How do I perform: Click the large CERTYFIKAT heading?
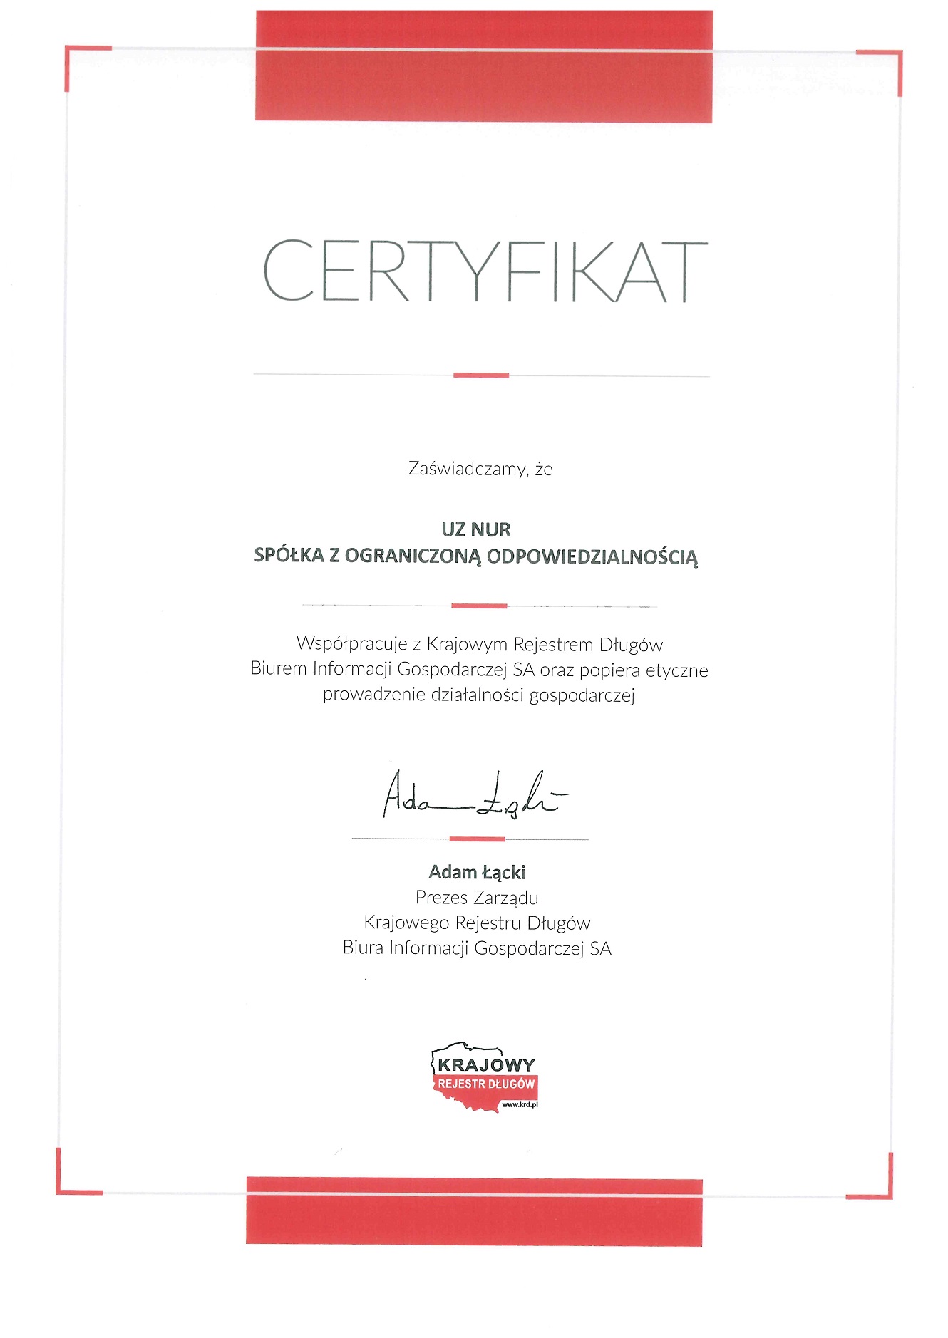point(485,271)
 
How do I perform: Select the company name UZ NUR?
point(476,529)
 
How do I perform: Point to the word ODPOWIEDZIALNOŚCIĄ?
point(592,556)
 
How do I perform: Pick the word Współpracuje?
point(351,644)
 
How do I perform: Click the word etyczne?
point(676,670)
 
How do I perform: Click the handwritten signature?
point(474,795)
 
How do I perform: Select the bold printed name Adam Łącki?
point(477,872)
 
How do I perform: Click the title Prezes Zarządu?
point(477,898)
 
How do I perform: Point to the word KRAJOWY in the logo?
point(486,1065)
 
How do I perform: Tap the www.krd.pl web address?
point(520,1104)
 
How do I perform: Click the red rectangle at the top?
point(484,66)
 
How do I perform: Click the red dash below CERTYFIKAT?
point(481,375)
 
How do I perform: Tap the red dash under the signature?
point(477,839)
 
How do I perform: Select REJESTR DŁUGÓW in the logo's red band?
point(486,1084)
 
